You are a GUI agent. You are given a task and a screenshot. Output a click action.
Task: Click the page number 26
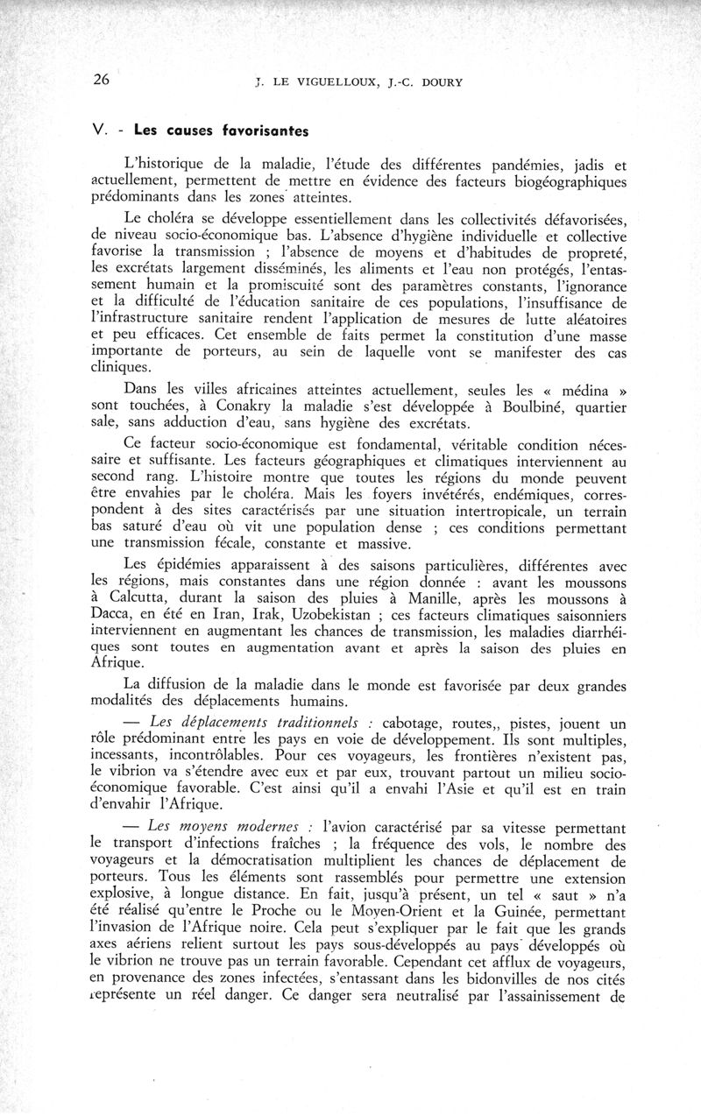pos(101,81)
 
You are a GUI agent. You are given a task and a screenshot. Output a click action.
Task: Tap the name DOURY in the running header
pos(436,83)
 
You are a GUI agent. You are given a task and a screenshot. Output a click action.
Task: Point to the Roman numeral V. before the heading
pos(99,131)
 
